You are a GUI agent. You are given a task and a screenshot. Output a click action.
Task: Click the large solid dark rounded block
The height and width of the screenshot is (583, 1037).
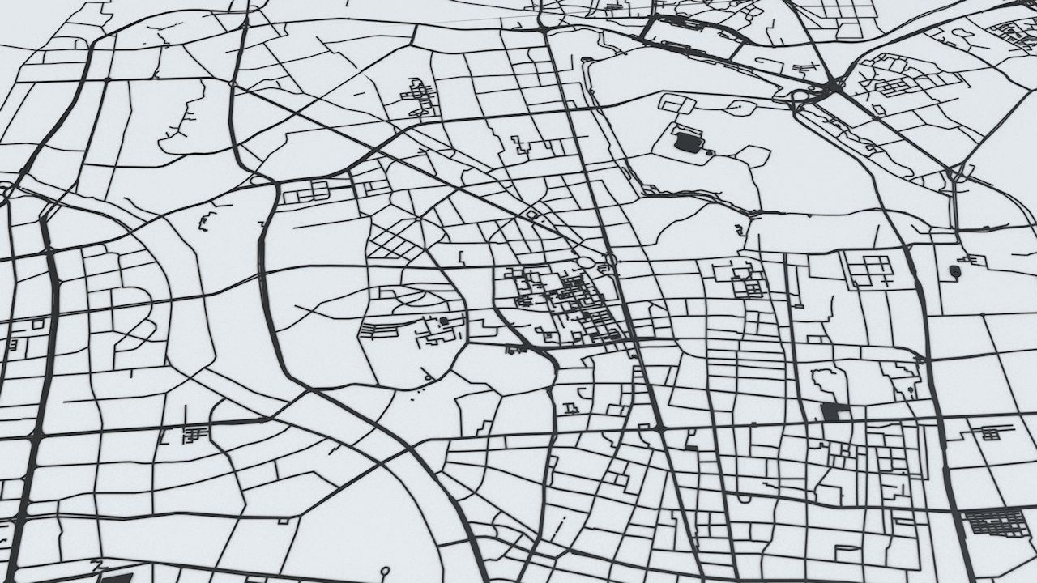(687, 143)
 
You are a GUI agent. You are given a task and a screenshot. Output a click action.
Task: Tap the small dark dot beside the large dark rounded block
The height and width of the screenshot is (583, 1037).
(710, 152)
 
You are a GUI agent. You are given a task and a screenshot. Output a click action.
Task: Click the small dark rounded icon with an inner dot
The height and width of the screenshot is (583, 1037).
(954, 270)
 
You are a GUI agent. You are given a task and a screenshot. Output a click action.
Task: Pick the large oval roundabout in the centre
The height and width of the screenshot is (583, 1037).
(585, 262)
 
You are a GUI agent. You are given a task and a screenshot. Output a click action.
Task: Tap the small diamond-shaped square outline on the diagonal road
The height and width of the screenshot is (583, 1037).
(531, 215)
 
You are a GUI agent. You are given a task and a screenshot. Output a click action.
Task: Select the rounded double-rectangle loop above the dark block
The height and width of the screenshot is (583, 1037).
(679, 104)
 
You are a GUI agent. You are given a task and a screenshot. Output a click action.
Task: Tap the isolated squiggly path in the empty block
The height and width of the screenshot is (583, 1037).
(207, 219)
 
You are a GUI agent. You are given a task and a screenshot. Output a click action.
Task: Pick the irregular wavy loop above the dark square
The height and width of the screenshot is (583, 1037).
(828, 381)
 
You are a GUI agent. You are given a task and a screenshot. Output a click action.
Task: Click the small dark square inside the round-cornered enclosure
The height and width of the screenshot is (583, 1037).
(444, 321)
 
